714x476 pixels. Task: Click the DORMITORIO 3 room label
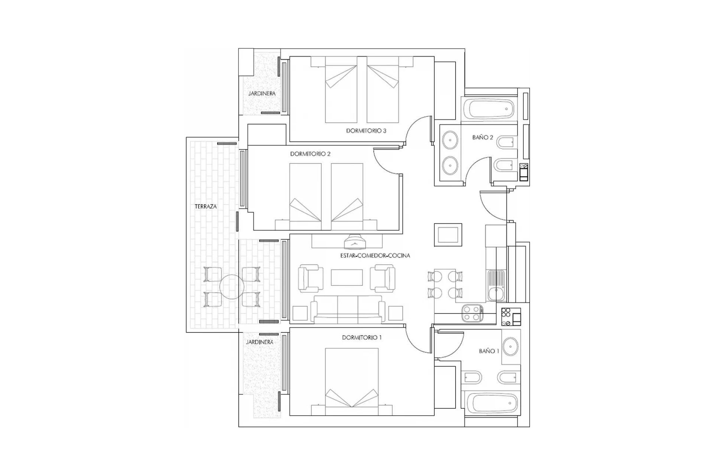coord(366,131)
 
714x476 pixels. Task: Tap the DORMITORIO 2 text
coord(310,154)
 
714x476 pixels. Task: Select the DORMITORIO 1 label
coord(362,338)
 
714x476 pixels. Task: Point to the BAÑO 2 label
coord(482,138)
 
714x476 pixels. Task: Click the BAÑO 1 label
coord(489,351)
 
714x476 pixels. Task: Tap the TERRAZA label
coord(205,206)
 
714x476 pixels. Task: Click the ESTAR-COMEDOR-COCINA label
coord(375,255)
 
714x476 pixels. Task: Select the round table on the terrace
coord(231,287)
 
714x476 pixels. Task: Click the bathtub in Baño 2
coord(491,109)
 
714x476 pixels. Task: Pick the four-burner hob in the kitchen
coord(472,313)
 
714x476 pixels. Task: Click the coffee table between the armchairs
coord(347,277)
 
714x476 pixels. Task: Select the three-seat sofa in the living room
coord(348,309)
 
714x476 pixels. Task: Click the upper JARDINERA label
coord(262,93)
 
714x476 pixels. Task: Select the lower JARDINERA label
coord(260,342)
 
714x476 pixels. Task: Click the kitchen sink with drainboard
coord(496,285)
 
